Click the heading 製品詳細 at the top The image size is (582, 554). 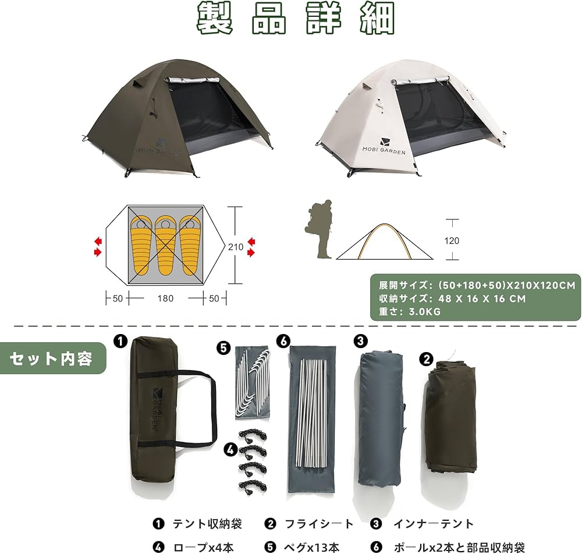[296, 19]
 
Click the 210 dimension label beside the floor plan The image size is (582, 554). [235, 246]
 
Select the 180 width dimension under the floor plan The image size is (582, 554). [165, 298]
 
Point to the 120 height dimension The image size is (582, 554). [452, 240]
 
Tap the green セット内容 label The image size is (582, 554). [52, 358]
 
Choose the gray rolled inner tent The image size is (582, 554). [381, 418]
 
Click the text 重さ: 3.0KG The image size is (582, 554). [410, 311]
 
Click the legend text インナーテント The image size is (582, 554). [432, 524]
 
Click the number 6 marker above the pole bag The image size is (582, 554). [283, 342]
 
